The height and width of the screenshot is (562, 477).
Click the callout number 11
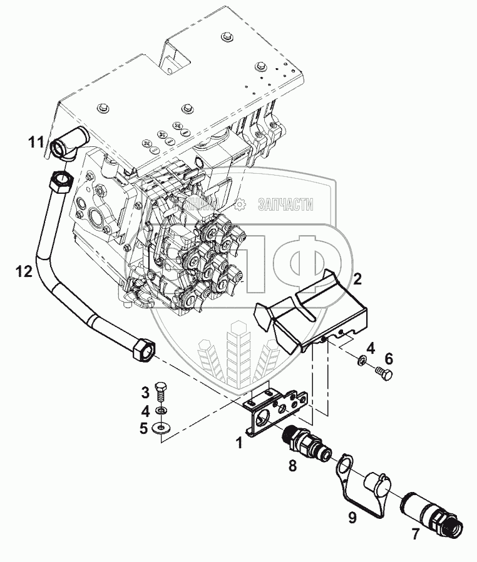pyautogui.click(x=36, y=143)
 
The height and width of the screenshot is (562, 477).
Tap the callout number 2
pyautogui.click(x=357, y=279)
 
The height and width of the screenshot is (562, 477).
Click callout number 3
pyautogui.click(x=145, y=393)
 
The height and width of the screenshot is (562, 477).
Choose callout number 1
pyautogui.click(x=238, y=443)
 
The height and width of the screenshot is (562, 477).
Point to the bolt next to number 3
pyautogui.click(x=161, y=394)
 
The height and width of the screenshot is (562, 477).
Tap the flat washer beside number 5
pyautogui.click(x=161, y=428)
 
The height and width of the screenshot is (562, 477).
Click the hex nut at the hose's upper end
pyautogui.click(x=61, y=183)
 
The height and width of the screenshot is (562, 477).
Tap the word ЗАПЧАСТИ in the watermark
pyautogui.click(x=285, y=204)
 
